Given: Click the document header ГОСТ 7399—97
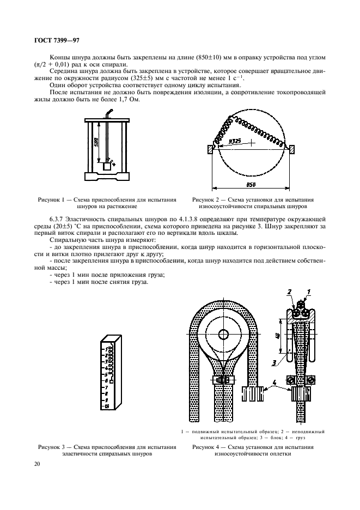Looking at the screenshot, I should (57, 40).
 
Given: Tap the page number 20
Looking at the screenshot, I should (36, 464).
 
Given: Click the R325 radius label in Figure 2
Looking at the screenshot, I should (235, 141).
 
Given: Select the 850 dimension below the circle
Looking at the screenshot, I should (251, 185).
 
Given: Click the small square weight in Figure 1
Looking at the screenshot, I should (107, 167).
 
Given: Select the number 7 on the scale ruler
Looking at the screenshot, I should (106, 386).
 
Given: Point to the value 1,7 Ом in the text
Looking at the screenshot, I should (137, 105).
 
